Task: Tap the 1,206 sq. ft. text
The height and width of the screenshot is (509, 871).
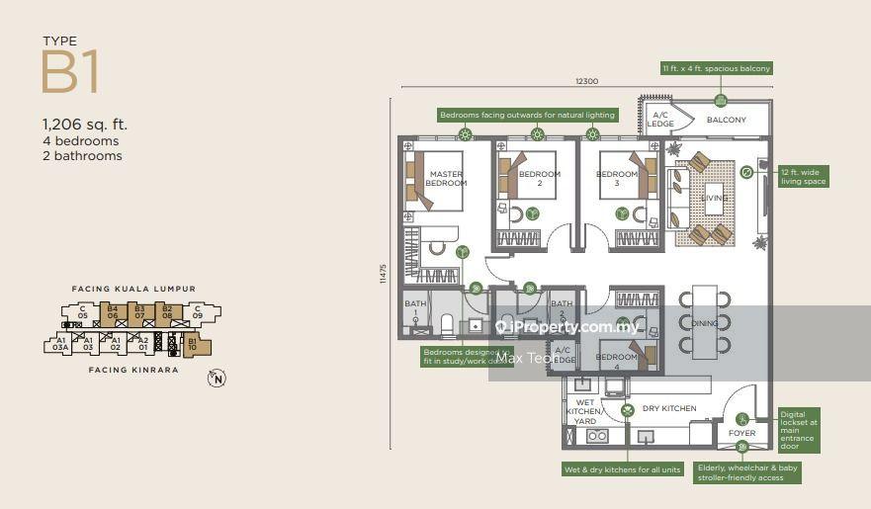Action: click(84, 125)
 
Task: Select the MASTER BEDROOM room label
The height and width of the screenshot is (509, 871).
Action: click(446, 179)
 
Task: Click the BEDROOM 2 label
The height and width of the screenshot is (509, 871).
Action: click(540, 179)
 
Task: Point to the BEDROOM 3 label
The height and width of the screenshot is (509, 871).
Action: click(617, 179)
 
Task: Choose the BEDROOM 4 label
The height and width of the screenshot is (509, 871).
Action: click(617, 357)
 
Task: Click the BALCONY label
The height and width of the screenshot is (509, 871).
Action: click(727, 121)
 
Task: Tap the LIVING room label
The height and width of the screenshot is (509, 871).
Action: click(714, 198)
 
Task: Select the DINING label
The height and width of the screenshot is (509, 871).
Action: click(704, 322)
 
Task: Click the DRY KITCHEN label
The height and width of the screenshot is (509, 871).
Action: click(669, 408)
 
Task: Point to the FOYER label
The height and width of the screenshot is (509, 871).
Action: click(741, 434)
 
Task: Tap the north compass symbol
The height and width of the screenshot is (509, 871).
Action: click(216, 377)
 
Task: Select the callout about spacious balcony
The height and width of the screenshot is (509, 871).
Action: click(717, 69)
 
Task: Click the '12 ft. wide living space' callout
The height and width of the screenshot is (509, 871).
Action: click(804, 176)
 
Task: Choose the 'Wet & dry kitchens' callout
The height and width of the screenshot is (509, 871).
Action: click(622, 469)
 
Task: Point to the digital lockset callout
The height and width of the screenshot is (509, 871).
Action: click(799, 430)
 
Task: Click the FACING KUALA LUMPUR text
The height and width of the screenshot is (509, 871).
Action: click(133, 289)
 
